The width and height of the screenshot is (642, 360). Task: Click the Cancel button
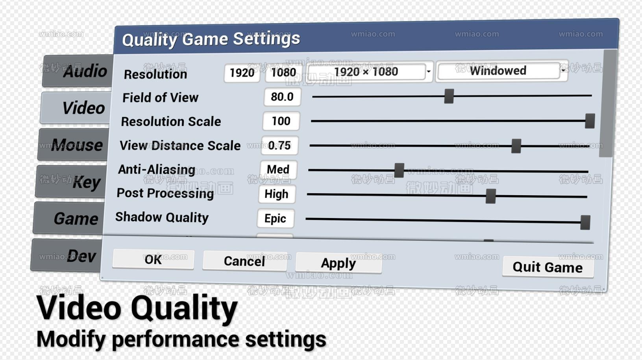pos(244,261)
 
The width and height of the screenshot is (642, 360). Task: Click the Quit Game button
pos(548,267)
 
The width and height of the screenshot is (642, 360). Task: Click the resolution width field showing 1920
pos(242,73)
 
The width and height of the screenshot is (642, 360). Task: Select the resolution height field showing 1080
pos(283,72)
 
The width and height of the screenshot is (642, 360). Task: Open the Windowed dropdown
pos(502,71)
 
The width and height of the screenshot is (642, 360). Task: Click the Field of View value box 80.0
pos(282,97)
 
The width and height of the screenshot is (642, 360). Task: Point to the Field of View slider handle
pos(449,96)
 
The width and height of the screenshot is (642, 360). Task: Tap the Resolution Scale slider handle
pos(590,121)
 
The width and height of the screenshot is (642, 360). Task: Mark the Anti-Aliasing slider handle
pos(399,170)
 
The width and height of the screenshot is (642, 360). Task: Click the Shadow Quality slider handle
pos(585,222)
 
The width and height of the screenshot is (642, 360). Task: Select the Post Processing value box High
pos(276,194)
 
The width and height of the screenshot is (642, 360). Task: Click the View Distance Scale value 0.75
pos(279,146)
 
